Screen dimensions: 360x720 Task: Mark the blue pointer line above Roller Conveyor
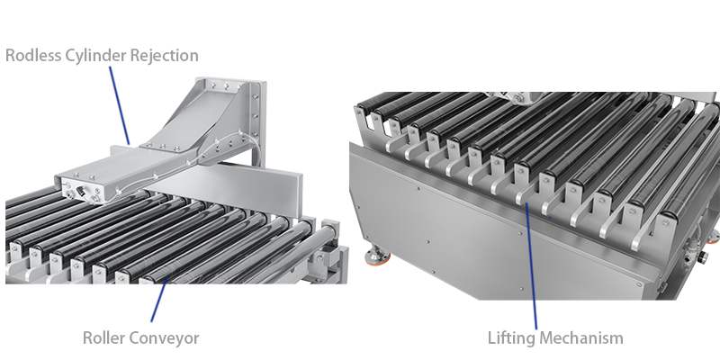tap(157, 301)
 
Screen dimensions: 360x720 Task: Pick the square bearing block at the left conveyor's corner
tap(330, 261)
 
